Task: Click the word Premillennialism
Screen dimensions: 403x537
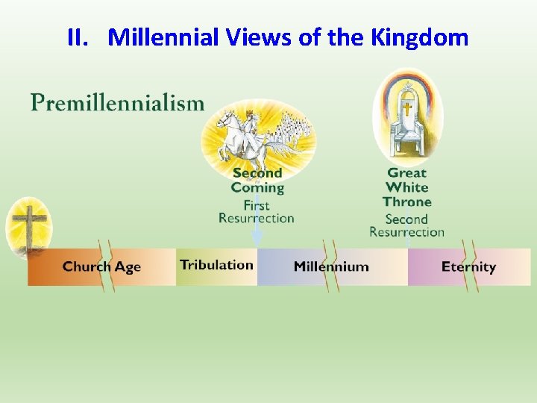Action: pos(117,102)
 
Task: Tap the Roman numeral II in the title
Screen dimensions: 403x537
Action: pos(78,37)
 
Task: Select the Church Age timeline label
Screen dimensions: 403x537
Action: pos(101,266)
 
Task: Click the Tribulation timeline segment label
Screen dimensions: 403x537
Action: pos(216,265)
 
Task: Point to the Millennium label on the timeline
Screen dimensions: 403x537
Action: pos(331,266)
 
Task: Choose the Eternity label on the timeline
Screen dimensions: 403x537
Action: pos(468,266)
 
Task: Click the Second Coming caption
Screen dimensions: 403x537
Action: pos(257,180)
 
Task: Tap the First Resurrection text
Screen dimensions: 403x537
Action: pos(257,212)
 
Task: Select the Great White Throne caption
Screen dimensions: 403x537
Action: pos(407,187)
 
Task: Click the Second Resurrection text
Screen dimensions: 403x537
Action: pos(406,225)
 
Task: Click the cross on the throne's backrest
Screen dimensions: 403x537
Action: pos(407,109)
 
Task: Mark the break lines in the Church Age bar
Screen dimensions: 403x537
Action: pos(109,266)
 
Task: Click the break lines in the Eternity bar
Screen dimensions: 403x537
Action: pos(468,266)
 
